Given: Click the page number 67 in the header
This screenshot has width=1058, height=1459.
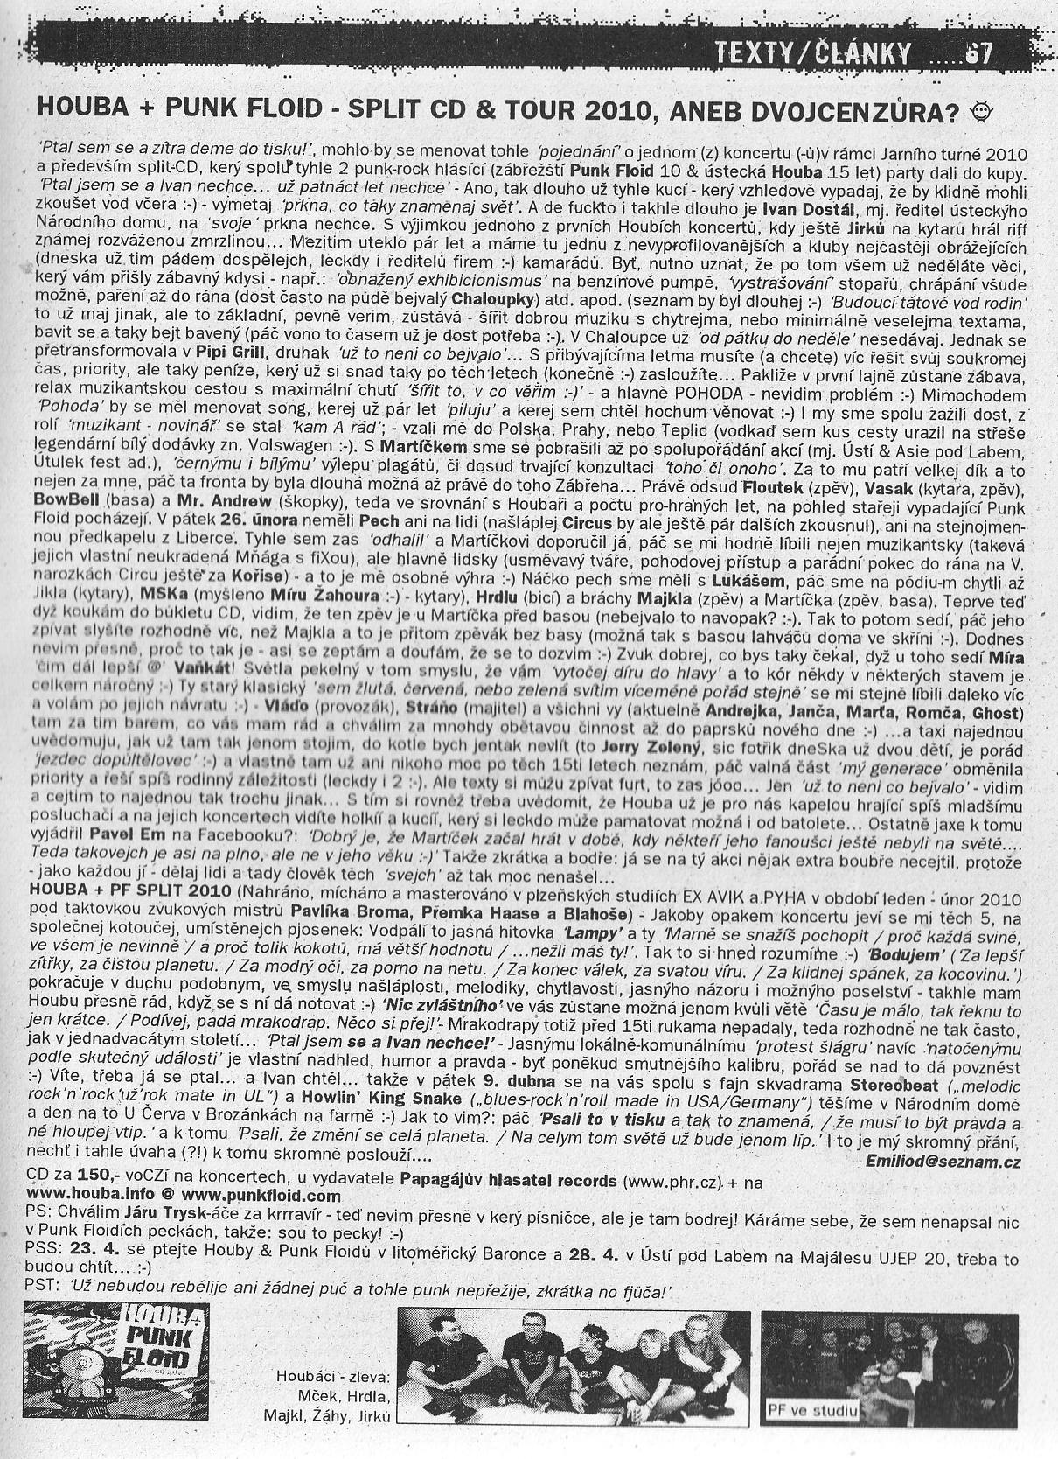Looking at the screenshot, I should (x=978, y=54).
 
